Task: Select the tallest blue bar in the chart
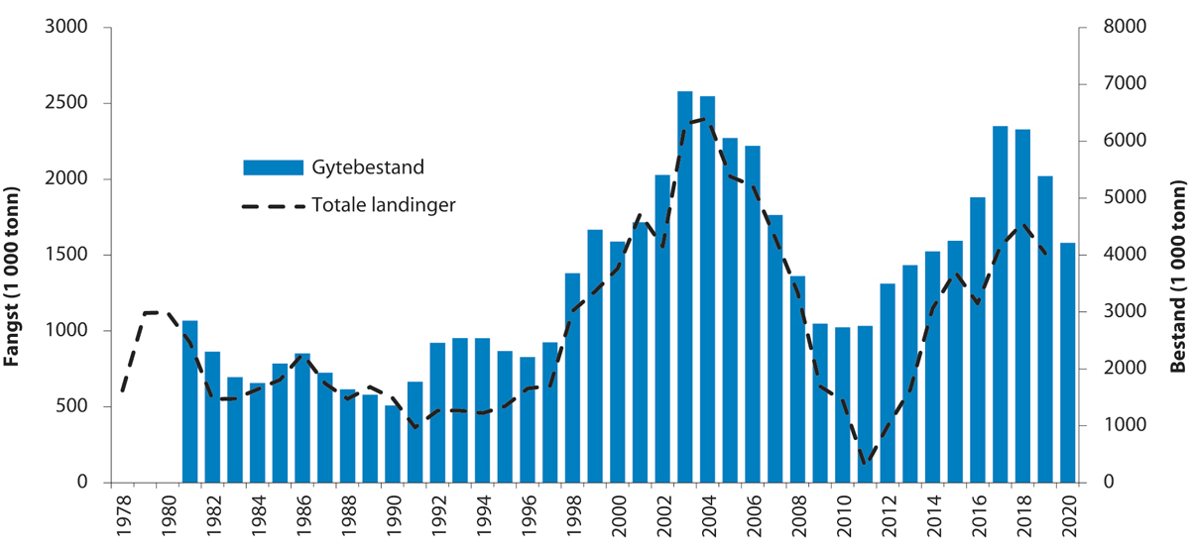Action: (x=684, y=287)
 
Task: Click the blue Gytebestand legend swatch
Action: (x=273, y=166)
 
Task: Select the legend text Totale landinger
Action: (x=384, y=205)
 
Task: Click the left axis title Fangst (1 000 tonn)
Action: (x=14, y=255)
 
